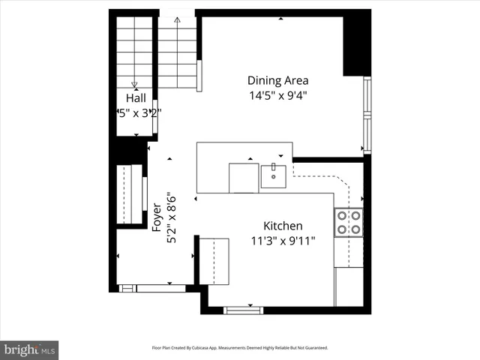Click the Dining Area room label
pos(278,80)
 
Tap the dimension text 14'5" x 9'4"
pos(278,95)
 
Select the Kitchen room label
pos(282,226)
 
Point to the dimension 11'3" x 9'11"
pos(282,241)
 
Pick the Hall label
pos(136,98)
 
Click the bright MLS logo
pos(29,349)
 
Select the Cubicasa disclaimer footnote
pos(240,348)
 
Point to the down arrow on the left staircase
pos(135,84)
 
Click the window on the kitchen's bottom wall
pos(243,310)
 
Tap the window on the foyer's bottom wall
pos(151,288)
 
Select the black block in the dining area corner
pos(356,45)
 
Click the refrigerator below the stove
pos(349,287)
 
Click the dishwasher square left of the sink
pos(243,177)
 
